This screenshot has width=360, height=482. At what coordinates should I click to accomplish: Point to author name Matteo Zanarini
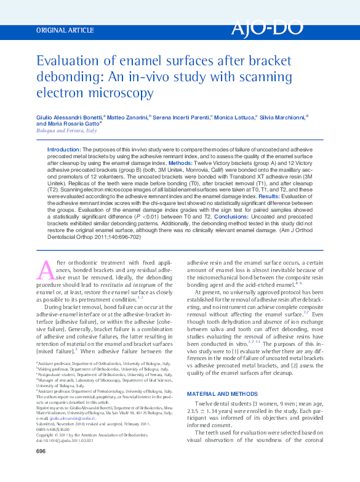[129, 116]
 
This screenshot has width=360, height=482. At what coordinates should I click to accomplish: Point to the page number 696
[41, 451]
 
